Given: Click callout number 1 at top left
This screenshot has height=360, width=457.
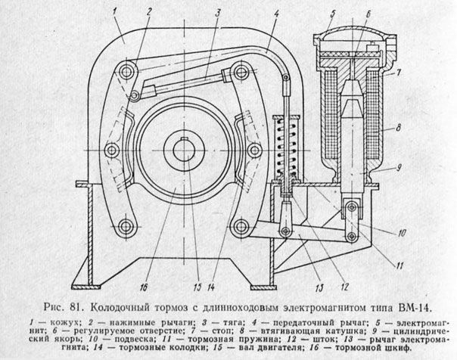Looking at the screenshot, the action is click(x=115, y=12).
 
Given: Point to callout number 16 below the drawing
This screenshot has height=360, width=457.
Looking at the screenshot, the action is click(x=144, y=287).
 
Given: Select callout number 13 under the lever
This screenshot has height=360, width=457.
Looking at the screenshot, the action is click(x=319, y=288).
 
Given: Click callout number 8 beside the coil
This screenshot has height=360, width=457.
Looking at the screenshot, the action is click(x=399, y=127).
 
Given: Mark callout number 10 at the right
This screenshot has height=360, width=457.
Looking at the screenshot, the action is click(x=402, y=233).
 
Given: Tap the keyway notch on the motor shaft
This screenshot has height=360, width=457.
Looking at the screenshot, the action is click(x=184, y=138).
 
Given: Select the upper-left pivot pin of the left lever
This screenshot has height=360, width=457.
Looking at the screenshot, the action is click(x=127, y=71).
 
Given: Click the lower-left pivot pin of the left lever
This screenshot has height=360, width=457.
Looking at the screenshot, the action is click(x=127, y=226).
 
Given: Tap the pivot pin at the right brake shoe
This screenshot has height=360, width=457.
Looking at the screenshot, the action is click(x=255, y=150).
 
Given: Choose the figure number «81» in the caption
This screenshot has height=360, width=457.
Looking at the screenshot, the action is click(x=76, y=308).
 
